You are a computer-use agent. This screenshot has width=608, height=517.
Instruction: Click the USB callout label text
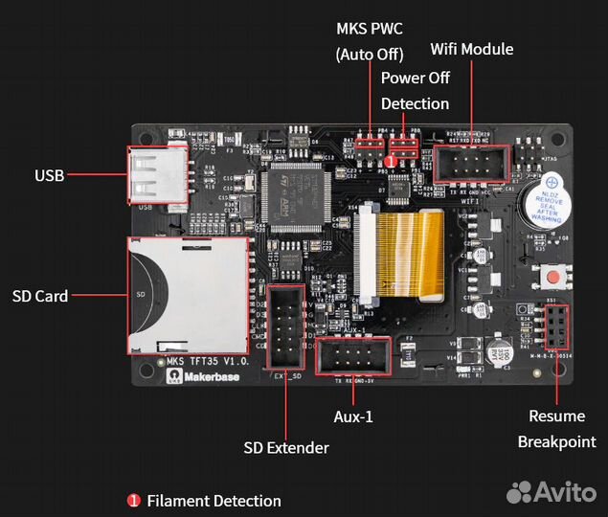click(x=49, y=175)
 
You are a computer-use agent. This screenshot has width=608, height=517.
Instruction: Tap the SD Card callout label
click(x=40, y=296)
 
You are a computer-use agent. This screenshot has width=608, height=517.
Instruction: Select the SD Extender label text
click(x=286, y=447)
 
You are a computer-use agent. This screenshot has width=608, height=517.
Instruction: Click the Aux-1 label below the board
click(x=354, y=418)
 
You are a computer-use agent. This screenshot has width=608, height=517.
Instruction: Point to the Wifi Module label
click(x=471, y=49)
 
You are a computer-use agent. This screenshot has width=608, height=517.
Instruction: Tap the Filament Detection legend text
click(x=214, y=501)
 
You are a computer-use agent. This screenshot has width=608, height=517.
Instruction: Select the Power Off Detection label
click(x=415, y=90)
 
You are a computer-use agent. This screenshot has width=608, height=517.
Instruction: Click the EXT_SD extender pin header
click(x=285, y=326)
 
